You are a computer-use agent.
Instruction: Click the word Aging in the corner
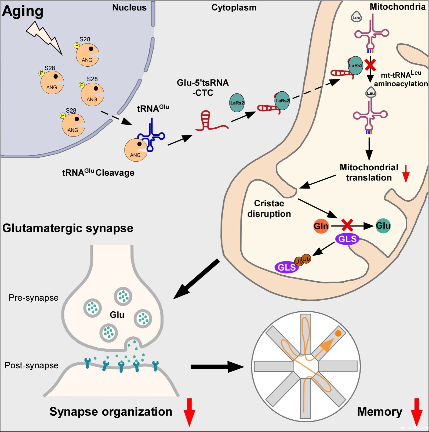coord(23,12)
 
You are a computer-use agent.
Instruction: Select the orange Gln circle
coord(321,226)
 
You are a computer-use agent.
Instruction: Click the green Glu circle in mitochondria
coord(383,225)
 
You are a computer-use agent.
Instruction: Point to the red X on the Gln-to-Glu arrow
coord(347,225)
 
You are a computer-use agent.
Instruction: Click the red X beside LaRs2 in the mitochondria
coord(371,65)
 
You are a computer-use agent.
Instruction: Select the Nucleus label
coord(129,7)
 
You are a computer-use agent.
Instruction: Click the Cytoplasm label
coord(234,8)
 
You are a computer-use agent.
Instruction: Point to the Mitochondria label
coord(398,7)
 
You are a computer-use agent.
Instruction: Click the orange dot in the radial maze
coord(338,333)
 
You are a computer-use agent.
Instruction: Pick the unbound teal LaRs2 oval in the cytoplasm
coord(237,103)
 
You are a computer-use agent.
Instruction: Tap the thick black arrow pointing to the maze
coord(217,367)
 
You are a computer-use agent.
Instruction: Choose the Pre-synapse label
coord(34,298)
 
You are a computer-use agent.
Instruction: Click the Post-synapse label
coord(32,365)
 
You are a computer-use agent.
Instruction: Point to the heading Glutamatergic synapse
coord(68,228)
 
